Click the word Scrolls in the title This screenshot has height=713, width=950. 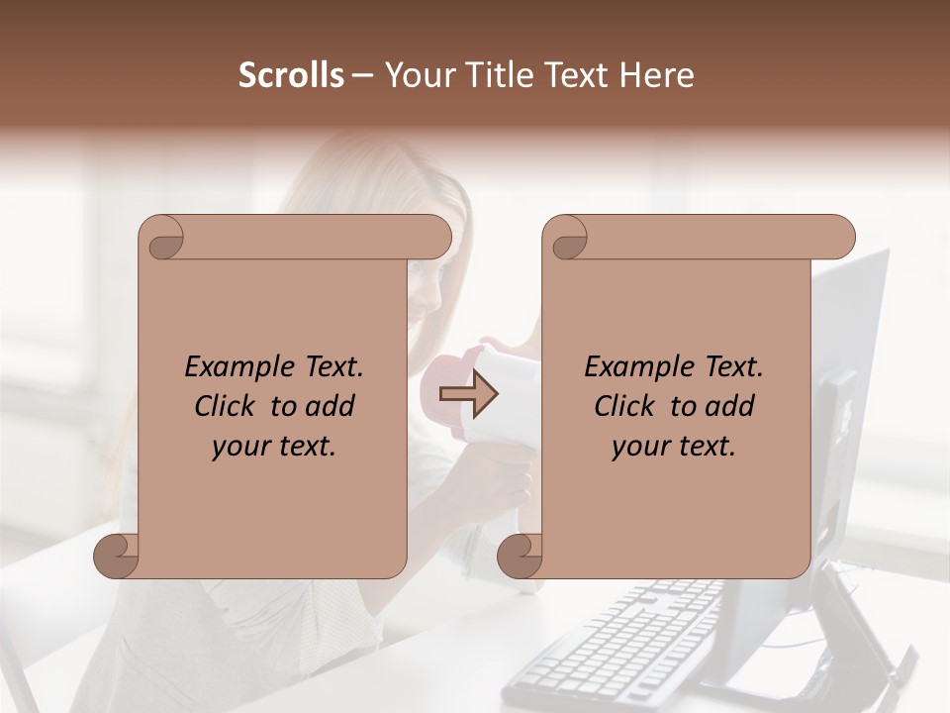(x=291, y=75)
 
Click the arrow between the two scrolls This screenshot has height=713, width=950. (x=468, y=394)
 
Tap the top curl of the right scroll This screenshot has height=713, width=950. (x=568, y=238)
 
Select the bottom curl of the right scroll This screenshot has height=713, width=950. (x=521, y=556)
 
